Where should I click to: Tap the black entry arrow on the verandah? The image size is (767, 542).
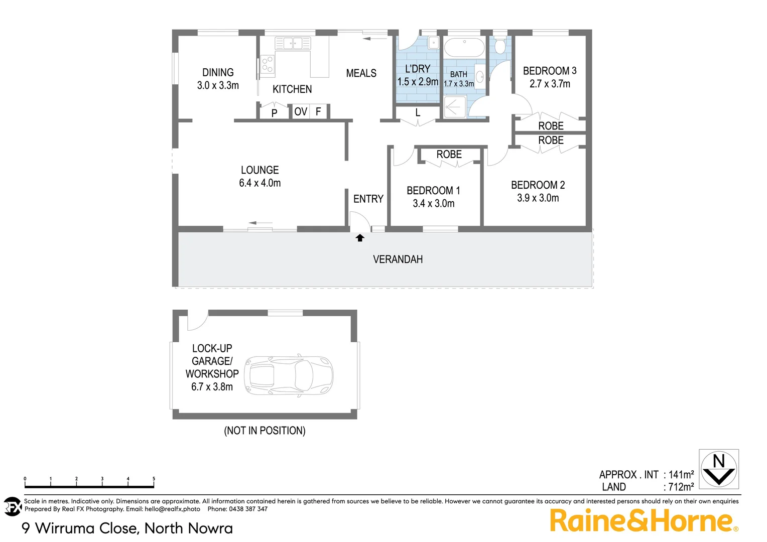360,238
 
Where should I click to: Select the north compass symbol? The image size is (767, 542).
719,469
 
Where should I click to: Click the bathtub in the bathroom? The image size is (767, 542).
464,48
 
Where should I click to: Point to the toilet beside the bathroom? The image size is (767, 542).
500,46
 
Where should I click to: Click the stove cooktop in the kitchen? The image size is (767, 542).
267,64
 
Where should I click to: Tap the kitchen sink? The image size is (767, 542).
292,43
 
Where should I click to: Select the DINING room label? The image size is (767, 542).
218,72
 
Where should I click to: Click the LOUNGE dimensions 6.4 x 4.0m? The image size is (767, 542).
260,183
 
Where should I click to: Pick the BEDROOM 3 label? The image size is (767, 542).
550,71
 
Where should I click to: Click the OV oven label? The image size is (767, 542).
301,111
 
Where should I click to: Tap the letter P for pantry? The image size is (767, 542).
274,113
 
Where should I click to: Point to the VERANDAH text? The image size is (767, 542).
398,259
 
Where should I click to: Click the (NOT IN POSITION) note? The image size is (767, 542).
265,431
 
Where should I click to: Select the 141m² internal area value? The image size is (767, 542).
681,474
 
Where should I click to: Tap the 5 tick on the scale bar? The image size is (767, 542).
154,479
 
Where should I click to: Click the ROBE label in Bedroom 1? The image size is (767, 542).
449,155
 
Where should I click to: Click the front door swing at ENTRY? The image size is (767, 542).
359,220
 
